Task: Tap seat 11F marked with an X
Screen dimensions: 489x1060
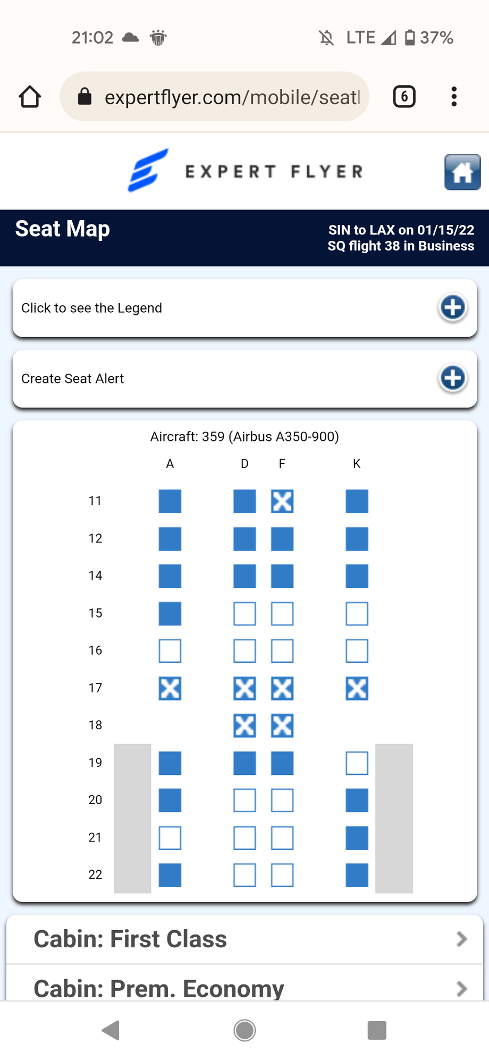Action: pos(282,501)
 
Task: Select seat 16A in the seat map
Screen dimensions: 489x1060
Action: pos(170,650)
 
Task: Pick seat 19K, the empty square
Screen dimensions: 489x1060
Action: pos(357,763)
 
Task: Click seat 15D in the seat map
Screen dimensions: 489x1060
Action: pos(244,613)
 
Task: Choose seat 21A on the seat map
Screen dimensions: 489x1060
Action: pos(170,838)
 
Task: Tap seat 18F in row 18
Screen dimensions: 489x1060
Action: pos(282,725)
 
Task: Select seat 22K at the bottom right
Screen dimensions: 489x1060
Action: pos(357,875)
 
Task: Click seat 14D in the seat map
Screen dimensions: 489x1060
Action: pos(244,576)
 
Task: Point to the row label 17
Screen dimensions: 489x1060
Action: pos(95,688)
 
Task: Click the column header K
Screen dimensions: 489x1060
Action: pos(357,464)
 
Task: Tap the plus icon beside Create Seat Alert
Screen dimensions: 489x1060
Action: pos(453,378)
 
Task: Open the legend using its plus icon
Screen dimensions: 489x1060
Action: pos(453,307)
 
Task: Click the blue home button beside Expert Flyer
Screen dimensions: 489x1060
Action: pos(462,172)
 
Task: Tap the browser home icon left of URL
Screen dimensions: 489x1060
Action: pos(30,97)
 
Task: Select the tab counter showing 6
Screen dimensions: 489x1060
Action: pos(404,97)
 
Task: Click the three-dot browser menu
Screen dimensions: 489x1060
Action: pos(454,97)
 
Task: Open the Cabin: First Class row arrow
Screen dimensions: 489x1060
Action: pos(462,939)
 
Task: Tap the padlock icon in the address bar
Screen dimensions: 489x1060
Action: pos(85,96)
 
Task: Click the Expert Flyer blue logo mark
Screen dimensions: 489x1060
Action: pos(148,170)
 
